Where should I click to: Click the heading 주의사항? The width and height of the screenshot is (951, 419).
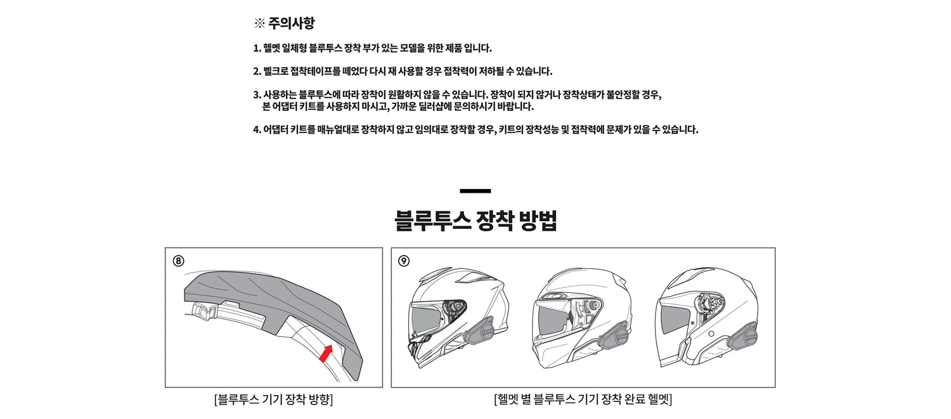tap(291, 23)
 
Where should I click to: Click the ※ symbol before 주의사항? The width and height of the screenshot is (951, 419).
tap(259, 23)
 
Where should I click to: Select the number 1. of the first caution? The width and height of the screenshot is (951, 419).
tap(257, 48)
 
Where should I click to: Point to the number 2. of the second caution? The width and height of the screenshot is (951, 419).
tap(257, 72)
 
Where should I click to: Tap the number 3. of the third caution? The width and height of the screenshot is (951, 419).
tap(257, 94)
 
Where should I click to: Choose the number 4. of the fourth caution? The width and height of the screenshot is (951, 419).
tap(257, 129)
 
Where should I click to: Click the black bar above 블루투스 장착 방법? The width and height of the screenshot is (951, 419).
tap(475, 191)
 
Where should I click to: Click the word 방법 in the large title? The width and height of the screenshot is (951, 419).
tap(538, 221)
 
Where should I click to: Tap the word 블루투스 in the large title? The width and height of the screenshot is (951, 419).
tap(432, 221)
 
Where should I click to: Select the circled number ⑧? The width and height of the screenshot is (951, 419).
tap(178, 261)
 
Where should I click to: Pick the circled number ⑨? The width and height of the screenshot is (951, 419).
tap(404, 261)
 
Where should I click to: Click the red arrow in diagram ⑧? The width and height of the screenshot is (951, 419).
tap(326, 353)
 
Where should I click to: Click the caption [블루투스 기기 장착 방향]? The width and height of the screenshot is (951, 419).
tap(273, 399)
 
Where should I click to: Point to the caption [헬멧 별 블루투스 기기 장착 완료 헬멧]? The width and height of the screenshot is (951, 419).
tap(583, 399)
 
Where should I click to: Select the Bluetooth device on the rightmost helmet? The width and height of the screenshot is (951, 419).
tap(742, 336)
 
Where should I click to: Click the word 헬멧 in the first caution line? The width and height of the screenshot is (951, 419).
tap(272, 48)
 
